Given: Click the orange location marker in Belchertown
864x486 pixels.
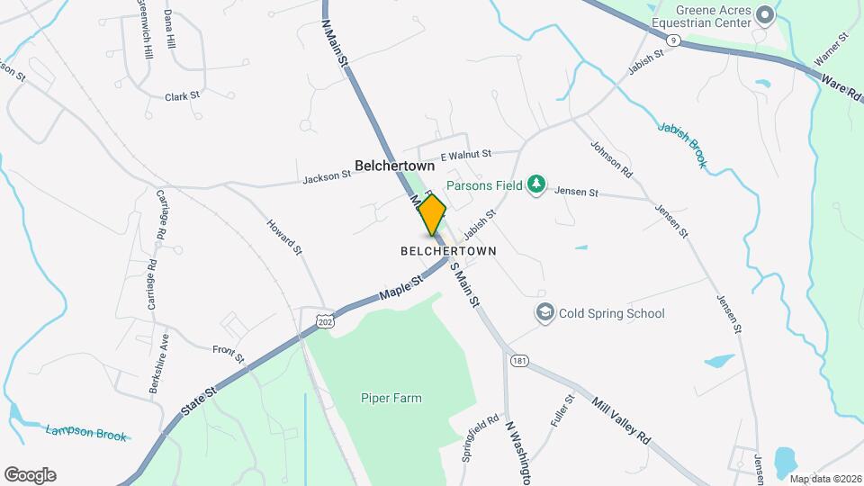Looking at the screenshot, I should coord(432,214).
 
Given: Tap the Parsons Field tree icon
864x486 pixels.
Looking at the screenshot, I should coord(536,184).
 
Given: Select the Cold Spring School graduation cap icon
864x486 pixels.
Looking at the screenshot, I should coord(544,313).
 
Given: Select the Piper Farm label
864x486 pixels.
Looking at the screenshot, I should coord(391,398).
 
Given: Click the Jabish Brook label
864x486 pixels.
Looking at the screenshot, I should coord(681,145).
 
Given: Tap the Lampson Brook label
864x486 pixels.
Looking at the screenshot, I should coord(86,434).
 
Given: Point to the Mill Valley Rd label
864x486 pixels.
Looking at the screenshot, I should coord(621,418).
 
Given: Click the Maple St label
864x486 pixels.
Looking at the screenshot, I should coord(401,289).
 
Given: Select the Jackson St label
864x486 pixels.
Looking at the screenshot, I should coord(326,177).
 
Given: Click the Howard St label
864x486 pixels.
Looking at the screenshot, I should coord(283,237).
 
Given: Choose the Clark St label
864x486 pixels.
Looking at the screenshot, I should coord(182,94).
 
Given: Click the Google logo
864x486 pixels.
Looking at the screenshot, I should coord(30,475).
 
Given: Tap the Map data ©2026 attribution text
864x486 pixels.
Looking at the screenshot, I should coord(824,478).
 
